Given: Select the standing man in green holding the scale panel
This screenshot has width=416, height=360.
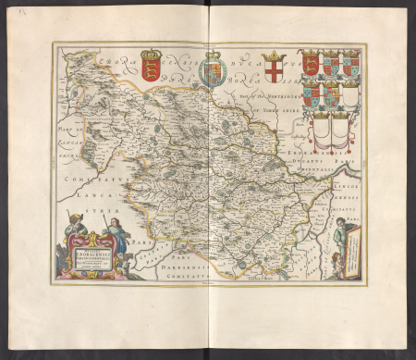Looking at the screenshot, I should click(341, 235).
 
